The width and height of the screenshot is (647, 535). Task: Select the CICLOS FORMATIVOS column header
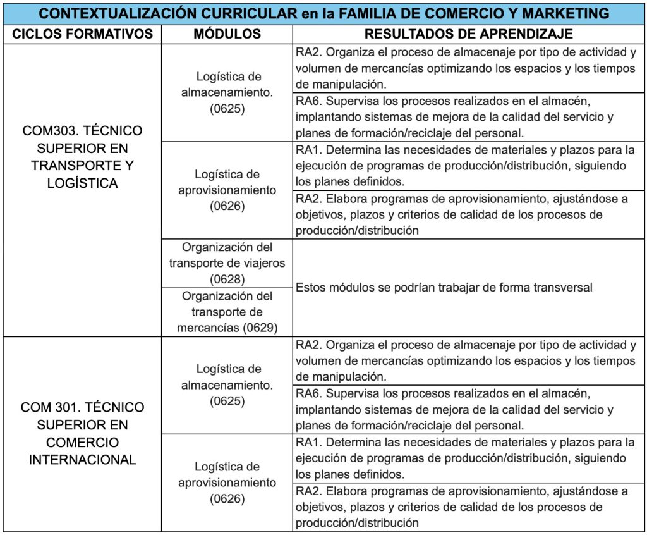point(82,34)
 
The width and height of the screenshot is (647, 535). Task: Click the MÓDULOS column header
point(227,34)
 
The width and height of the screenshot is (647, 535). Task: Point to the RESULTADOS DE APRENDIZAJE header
point(469,34)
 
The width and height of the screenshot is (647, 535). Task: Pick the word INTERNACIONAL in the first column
point(82,460)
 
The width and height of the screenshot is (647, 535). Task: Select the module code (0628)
point(227,279)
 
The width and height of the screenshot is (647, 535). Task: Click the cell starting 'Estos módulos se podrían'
point(444,287)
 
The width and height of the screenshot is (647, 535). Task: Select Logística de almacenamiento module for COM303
point(227,93)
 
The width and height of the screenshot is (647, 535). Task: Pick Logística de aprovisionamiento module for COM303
point(227,190)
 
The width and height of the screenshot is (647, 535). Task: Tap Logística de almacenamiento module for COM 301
point(227,384)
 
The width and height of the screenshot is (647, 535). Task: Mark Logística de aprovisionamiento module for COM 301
point(227,482)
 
